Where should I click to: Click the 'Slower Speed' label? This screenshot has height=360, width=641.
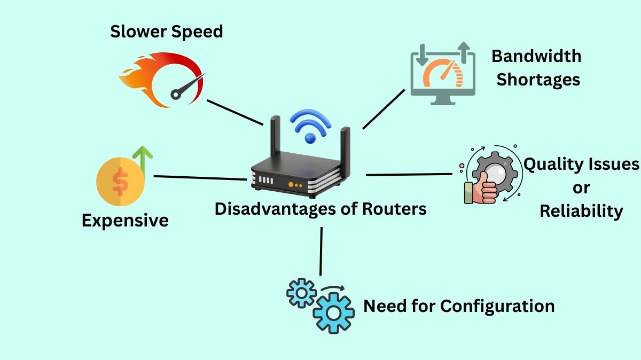(166, 32)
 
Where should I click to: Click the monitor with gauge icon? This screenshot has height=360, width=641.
(442, 75)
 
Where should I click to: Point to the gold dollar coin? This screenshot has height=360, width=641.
(120, 182)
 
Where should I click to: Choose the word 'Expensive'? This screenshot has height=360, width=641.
(125, 220)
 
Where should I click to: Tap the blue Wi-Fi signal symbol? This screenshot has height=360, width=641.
(310, 127)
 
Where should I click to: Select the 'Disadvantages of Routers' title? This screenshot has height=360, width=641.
(320, 208)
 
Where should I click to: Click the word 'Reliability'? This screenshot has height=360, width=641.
(581, 211)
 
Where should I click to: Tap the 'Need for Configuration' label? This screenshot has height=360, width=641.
(459, 306)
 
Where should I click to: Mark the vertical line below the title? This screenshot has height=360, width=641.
(321, 251)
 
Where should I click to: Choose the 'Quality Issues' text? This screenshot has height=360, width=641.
(581, 164)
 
